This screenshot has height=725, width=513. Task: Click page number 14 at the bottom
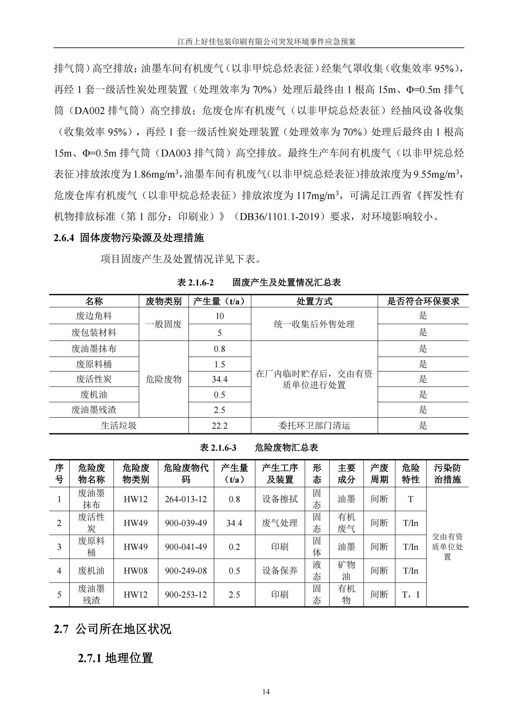coord(266,692)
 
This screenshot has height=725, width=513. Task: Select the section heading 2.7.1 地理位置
coord(115,658)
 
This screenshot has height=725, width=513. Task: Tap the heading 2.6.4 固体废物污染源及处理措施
coord(129,238)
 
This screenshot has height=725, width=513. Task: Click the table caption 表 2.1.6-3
coord(218,448)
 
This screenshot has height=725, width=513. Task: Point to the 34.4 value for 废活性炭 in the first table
coord(220,379)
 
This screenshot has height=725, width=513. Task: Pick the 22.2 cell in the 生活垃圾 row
coord(220,426)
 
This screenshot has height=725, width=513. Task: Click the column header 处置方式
coord(314,301)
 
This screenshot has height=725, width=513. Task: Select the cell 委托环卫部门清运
coord(314,426)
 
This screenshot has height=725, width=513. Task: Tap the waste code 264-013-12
coord(186,499)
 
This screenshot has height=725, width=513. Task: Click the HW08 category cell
coord(136,571)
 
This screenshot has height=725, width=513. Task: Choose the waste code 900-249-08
coord(186,571)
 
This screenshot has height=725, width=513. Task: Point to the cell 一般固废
coord(164,324)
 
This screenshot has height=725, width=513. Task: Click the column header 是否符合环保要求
coord(423,301)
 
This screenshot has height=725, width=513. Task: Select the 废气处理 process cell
coord(279,523)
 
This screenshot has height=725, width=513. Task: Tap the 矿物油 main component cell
coord(346,571)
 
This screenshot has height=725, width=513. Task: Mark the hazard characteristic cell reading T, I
coord(410,595)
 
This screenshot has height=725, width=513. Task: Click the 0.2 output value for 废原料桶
coord(234,547)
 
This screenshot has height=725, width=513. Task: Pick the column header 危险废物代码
coord(186,473)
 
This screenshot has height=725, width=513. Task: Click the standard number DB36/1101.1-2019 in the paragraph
coord(281,217)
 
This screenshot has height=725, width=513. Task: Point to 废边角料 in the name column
coord(94,316)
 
